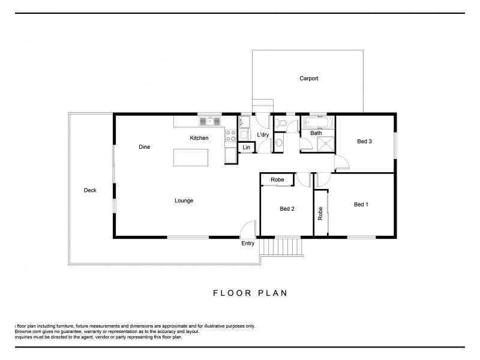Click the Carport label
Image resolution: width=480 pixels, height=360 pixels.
tap(308, 79)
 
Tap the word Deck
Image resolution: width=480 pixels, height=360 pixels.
tap(90, 190)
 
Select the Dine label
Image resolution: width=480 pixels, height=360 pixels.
tap(144, 147)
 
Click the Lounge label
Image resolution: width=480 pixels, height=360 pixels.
tap(184, 200)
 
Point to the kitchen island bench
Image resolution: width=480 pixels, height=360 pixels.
tap(191, 157)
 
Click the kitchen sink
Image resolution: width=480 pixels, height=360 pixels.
tap(210, 121)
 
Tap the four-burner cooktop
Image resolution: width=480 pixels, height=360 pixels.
tap(230, 136)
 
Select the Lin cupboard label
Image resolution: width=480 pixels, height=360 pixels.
tap(246, 148)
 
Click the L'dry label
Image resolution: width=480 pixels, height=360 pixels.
tap(263, 135)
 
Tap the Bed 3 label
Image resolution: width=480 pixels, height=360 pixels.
tap(364, 142)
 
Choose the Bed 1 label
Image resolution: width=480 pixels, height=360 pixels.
tap(361, 205)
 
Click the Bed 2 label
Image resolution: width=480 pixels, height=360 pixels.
tap(287, 209)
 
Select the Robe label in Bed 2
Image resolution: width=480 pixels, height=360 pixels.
tap(277, 179)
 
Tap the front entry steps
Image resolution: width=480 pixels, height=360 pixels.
tap(285, 246)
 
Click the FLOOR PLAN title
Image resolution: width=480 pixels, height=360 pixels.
tap(250, 293)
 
